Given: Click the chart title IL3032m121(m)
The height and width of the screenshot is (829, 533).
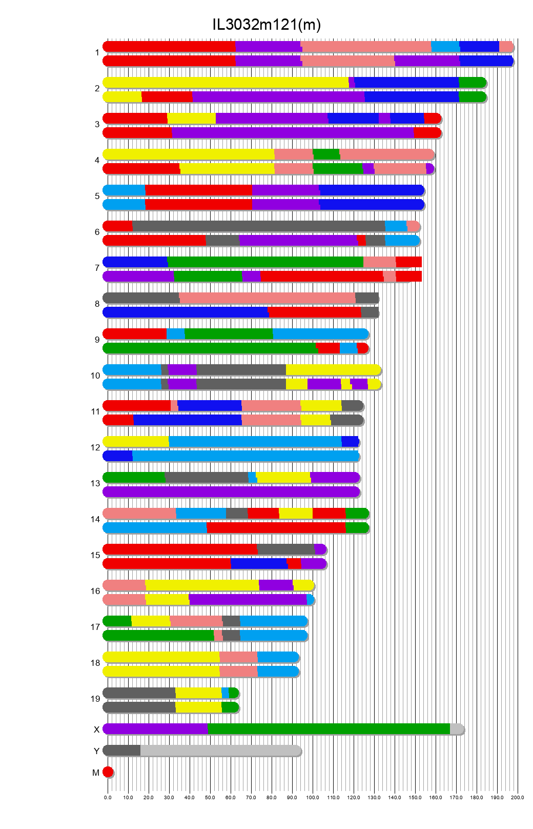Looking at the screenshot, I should (266, 25).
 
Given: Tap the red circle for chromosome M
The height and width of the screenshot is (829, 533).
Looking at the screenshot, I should (108, 772).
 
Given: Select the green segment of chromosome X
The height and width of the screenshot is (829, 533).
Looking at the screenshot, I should (328, 729).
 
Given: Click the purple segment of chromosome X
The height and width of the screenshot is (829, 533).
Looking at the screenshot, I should (155, 729).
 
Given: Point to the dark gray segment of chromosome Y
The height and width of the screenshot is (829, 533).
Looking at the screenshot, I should (122, 751).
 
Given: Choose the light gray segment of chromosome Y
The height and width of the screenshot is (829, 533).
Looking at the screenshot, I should (220, 751).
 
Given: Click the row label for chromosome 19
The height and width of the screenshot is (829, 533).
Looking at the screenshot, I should (95, 699).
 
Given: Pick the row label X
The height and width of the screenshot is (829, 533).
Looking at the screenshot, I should (96, 729).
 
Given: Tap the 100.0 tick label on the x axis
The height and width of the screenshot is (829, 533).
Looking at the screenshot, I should (313, 798).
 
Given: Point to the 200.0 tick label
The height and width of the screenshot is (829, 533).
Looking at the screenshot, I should (518, 798).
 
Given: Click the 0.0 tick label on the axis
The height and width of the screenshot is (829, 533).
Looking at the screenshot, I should (108, 798).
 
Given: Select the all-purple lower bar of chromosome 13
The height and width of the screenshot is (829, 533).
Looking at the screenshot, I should (231, 492).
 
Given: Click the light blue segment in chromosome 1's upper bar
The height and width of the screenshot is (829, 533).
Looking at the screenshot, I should (445, 47).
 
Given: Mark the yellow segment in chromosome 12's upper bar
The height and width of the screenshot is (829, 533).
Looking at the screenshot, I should (136, 442).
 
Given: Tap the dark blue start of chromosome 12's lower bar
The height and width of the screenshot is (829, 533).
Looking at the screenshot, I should (118, 456).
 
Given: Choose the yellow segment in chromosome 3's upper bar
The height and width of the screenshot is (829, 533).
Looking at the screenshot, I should (191, 119).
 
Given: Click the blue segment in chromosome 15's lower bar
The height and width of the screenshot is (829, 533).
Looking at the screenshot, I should (259, 564).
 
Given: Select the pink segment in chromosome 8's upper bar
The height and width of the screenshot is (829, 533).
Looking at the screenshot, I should (266, 298).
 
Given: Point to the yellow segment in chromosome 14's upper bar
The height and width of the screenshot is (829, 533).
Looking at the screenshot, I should (295, 514).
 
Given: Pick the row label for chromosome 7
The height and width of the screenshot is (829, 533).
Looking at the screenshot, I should (97, 268).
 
